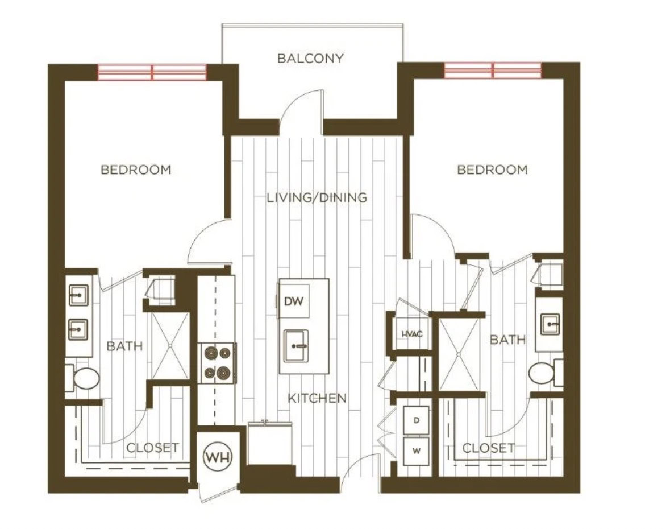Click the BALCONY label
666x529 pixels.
pos(310,58)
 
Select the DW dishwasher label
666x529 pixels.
pos(293,301)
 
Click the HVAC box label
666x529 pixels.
pos(412,334)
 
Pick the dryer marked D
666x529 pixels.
pos(416,420)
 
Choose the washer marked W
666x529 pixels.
pos(416,451)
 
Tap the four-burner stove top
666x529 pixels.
pos(218,363)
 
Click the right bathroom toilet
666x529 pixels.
pos(546,374)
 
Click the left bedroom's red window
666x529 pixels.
pos(152,72)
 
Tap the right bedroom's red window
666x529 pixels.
pos(493,71)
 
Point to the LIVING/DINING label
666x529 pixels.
pos(317,197)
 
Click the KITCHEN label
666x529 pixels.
pos(317,398)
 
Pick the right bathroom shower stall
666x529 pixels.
pos(459,354)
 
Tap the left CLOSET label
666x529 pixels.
pos(152,448)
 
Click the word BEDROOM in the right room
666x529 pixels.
pos(492,170)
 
